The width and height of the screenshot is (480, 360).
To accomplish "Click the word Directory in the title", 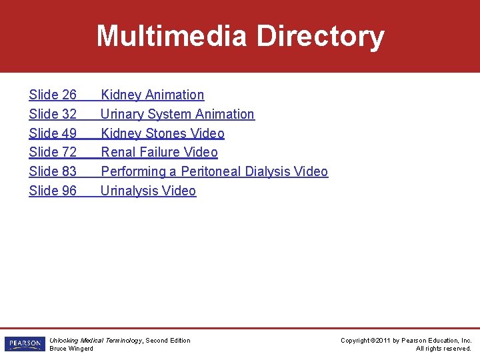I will pyautogui.click(x=320, y=36).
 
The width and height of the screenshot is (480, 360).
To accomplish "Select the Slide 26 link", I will pyautogui.click(x=53, y=95).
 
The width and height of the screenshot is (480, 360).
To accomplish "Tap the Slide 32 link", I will pyautogui.click(x=53, y=114).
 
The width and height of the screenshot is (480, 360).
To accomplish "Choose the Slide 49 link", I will pyautogui.click(x=53, y=133).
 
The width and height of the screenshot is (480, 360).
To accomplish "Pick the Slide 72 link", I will pyautogui.click(x=53, y=152).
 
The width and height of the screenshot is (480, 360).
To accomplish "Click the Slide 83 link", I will pyautogui.click(x=53, y=171).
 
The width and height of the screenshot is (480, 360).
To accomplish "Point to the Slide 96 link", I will pyautogui.click(x=53, y=191).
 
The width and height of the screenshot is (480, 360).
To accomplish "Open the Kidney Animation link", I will pyautogui.click(x=152, y=95).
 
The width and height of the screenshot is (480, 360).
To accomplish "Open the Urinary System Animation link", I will pyautogui.click(x=177, y=114).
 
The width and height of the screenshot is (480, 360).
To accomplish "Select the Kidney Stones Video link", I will pyautogui.click(x=162, y=133).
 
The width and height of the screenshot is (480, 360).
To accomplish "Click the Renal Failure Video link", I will pyautogui.click(x=159, y=152).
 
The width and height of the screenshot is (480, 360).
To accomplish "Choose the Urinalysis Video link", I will pyautogui.click(x=148, y=191).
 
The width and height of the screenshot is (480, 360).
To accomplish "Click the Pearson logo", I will pyautogui.click(x=24, y=344).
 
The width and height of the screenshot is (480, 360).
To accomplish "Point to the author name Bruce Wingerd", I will pyautogui.click(x=71, y=349).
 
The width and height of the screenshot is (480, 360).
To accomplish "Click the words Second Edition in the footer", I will pyautogui.click(x=168, y=341).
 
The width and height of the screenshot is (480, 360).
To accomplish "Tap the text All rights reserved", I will pyautogui.click(x=443, y=349).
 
